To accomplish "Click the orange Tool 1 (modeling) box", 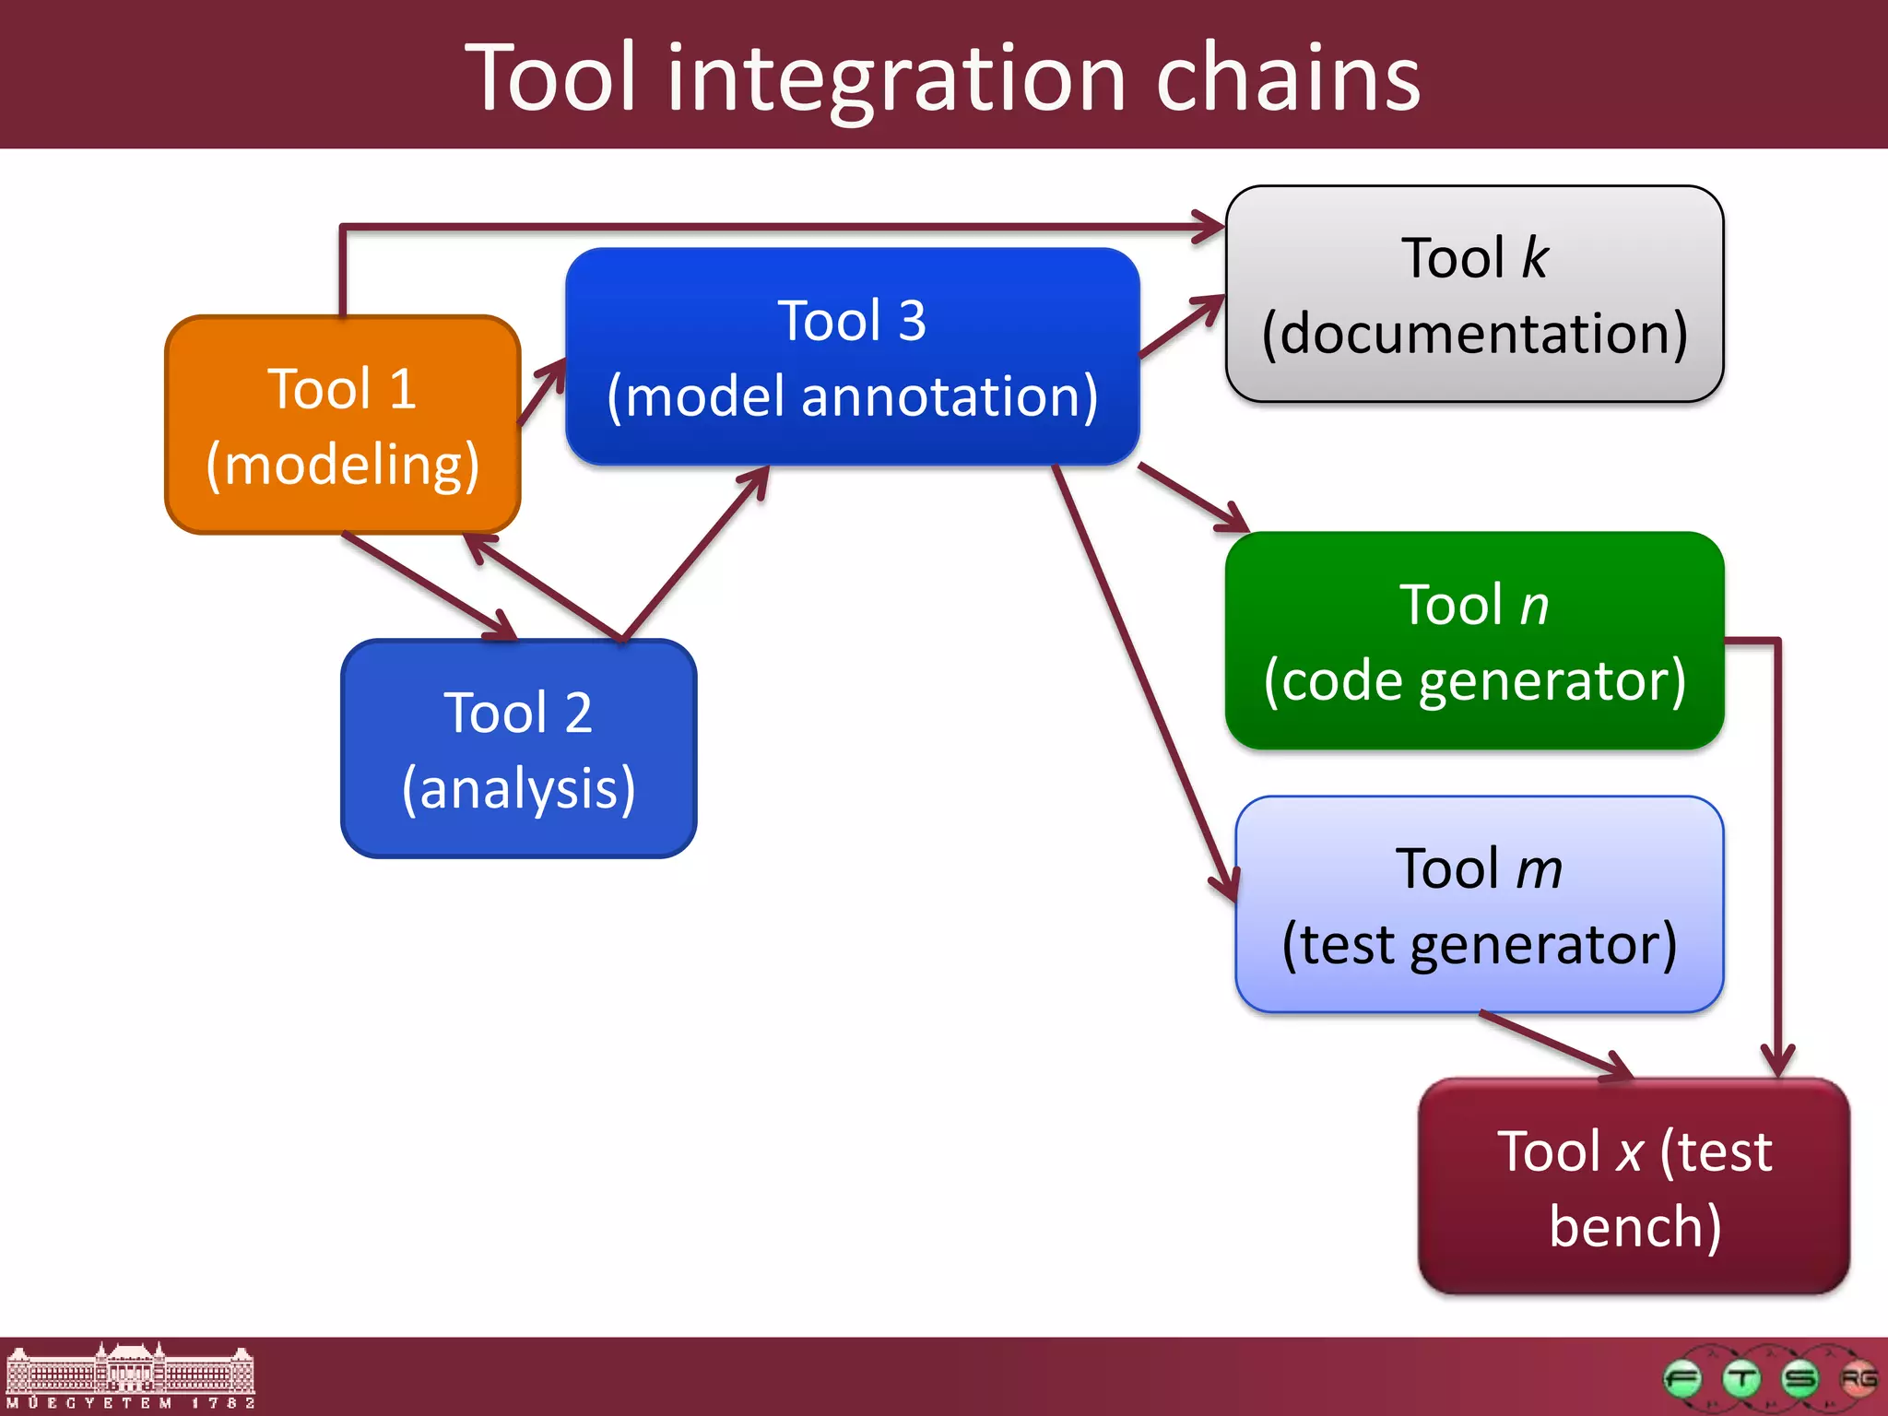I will (342, 425).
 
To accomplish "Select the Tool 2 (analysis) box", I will (518, 749).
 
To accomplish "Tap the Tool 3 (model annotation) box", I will (852, 357).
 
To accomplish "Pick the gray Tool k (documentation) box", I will (1474, 294).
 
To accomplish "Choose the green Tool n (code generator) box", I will (1474, 641).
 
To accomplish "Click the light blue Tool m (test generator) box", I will (1479, 904).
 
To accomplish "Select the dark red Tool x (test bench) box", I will (1634, 1187).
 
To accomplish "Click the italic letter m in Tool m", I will (1539, 869).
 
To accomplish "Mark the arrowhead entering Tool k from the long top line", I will (1209, 226).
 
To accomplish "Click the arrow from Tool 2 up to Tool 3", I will (696, 553).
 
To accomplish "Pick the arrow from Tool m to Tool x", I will (1558, 1045).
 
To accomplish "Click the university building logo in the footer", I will (129, 1375).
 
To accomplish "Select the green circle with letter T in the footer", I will (1741, 1379).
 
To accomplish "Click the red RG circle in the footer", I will (1858, 1379).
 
